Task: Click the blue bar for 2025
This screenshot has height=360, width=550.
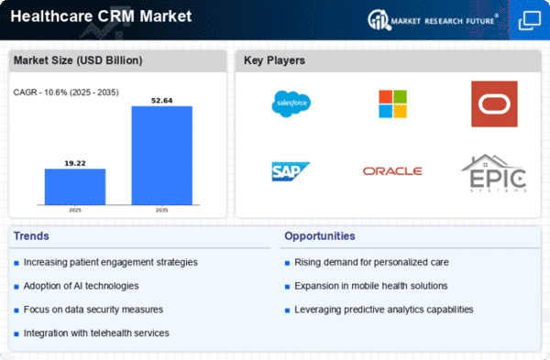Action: coord(75,187)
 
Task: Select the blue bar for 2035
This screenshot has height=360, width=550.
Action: coord(161,156)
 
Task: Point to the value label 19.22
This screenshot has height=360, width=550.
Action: coord(75,163)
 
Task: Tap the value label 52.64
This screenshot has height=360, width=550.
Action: coord(161,101)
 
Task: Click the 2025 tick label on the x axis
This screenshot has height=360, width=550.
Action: coord(75,211)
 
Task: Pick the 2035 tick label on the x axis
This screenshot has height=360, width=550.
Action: coord(161,211)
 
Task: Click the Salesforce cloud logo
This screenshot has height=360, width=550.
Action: coord(291,104)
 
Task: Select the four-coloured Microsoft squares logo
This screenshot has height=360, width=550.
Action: coord(393,104)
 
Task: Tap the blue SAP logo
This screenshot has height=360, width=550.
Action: coord(291,171)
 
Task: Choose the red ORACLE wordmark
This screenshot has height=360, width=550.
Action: coord(392,171)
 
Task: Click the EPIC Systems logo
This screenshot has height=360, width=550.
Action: coord(494,173)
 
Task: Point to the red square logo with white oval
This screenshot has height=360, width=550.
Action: coord(494,104)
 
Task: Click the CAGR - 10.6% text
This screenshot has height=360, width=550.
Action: coord(39,93)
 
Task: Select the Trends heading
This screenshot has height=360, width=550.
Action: coord(31,236)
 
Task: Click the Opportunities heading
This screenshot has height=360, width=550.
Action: coord(320,236)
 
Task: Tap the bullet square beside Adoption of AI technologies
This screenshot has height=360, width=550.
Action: coord(16,287)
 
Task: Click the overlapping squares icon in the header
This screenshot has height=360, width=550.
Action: coord(529,21)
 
